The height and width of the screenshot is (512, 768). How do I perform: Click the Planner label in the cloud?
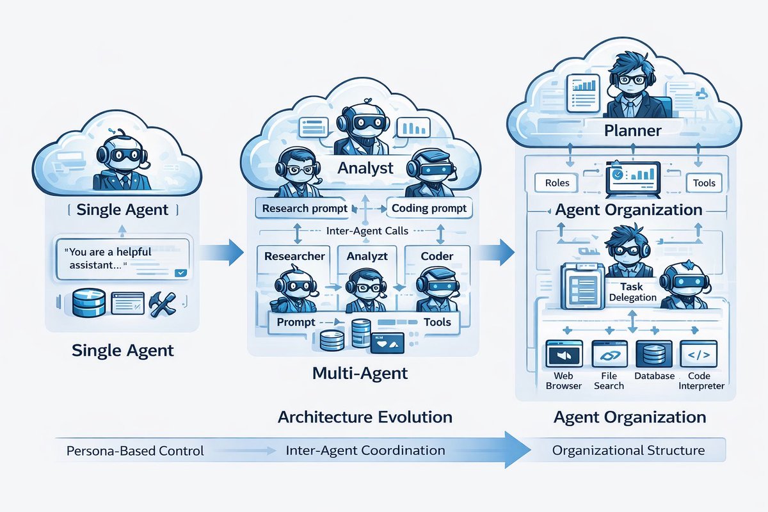632,131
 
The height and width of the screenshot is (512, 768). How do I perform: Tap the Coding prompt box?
429,208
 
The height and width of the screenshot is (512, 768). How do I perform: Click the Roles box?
556,183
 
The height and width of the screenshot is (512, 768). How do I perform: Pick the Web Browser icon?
564,353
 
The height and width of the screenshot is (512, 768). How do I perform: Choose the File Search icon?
609,353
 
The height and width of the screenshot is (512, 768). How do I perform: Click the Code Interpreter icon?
698,353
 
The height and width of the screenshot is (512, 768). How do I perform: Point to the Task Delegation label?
632,292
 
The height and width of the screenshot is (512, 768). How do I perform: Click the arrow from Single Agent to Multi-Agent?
221,252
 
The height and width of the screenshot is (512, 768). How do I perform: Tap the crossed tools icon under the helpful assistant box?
163,304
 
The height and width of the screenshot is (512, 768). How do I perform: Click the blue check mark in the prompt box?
180,273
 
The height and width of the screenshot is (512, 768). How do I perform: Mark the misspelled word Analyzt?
367,256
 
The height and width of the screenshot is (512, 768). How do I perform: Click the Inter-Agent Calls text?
367,231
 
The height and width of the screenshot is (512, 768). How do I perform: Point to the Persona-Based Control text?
135,451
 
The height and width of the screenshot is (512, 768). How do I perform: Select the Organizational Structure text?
628,451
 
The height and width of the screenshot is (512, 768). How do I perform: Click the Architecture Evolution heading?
365,417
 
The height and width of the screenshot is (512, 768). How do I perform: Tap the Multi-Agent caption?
360,373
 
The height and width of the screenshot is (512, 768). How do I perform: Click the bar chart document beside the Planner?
583,93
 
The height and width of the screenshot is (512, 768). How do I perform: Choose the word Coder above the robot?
436,256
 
